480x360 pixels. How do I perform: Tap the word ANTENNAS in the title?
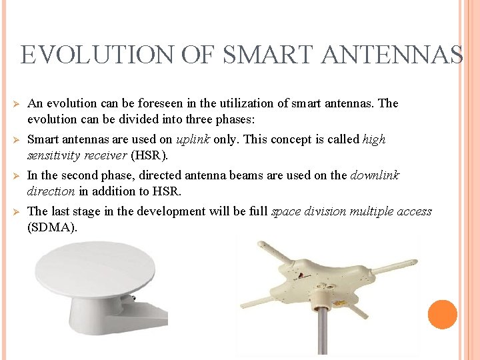click(391, 54)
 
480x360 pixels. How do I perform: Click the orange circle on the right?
click(442, 314)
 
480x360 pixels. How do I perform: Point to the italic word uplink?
click(193, 139)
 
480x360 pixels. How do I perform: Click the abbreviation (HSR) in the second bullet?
click(149, 155)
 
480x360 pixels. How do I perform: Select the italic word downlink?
click(375, 175)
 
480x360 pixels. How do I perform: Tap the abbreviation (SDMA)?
click(52, 227)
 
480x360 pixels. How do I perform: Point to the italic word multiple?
click(373, 211)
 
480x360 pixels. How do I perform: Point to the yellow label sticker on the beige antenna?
click(339, 303)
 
